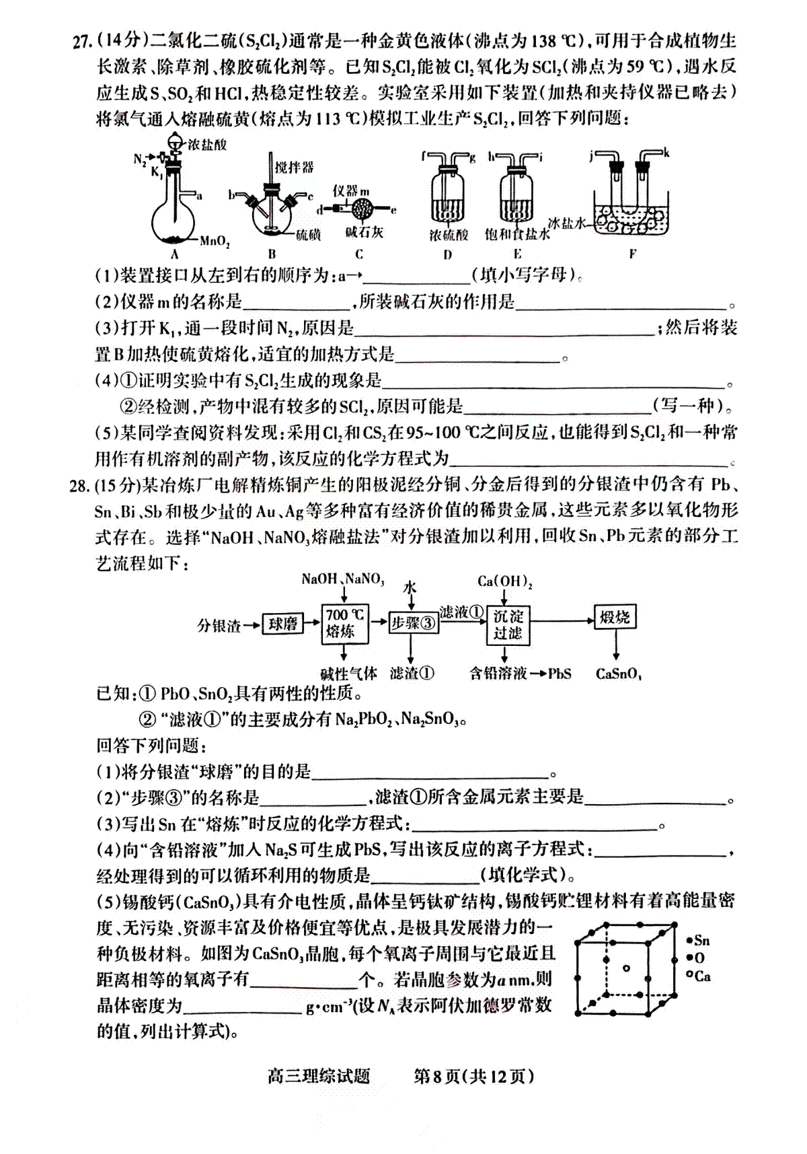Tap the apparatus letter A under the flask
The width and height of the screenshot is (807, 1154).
pyautogui.click(x=174, y=254)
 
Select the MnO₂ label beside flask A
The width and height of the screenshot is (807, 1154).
pyautogui.click(x=215, y=241)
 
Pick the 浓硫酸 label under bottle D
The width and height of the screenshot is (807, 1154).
pyautogui.click(x=449, y=234)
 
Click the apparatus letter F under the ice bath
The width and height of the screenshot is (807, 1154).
pyautogui.click(x=632, y=254)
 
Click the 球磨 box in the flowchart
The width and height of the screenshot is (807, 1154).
pyautogui.click(x=282, y=624)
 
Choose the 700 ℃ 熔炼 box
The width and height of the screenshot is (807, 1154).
pyautogui.click(x=344, y=623)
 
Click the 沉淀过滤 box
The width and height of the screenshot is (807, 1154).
pyautogui.click(x=507, y=624)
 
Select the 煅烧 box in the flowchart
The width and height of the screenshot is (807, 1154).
pyautogui.click(x=615, y=617)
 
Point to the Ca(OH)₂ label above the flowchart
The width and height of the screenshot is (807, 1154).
pyautogui.click(x=505, y=581)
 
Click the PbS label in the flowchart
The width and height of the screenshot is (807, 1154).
pyautogui.click(x=560, y=674)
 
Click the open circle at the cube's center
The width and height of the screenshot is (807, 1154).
pyautogui.click(x=626, y=968)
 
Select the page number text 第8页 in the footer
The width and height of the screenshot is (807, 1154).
pyautogui.click(x=436, y=1077)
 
